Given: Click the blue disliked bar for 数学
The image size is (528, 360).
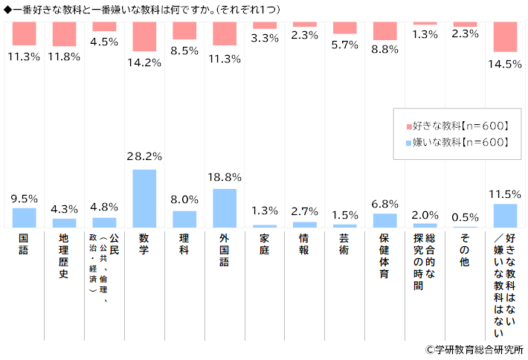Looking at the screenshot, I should click(144, 198).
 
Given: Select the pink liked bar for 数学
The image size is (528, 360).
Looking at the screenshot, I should click(144, 36).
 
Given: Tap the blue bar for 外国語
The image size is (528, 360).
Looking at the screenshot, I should click(224, 208).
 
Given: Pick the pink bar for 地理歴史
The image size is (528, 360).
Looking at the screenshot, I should click(64, 34).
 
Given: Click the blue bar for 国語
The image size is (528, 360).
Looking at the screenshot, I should click(24, 217).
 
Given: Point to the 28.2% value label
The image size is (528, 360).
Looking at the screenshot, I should click(144, 158).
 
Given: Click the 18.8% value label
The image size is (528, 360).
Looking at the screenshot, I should click(224, 178).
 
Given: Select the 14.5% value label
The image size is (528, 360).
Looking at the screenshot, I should click(505, 64).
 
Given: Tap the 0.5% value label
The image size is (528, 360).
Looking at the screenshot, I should click(465, 217).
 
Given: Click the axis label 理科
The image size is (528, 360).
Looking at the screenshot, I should click(184, 245).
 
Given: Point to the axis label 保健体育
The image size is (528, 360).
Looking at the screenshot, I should click(384, 256).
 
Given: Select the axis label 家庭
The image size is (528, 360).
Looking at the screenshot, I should click(264, 245).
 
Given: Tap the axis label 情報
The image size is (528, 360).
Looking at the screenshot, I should click(304, 245).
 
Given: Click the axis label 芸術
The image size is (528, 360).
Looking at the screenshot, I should click(344, 245).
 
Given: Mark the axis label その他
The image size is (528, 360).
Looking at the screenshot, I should click(464, 250).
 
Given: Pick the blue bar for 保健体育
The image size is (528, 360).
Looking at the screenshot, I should click(384, 219).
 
